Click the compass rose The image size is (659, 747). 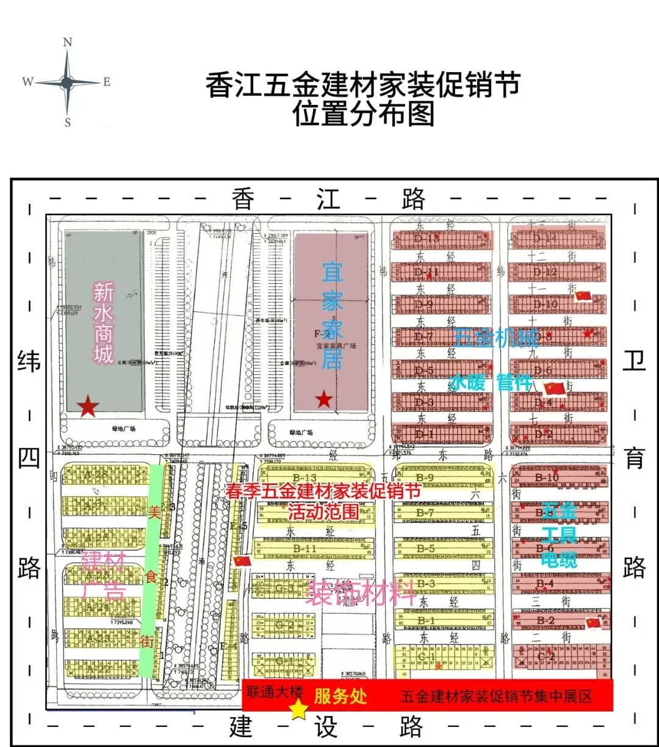tap(67, 82)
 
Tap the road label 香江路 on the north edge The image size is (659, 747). tap(328, 198)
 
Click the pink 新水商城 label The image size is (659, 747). tap(103, 322)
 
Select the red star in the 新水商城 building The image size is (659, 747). tap(88, 406)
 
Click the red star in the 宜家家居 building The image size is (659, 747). tap(324, 400)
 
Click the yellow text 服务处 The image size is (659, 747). tap(340, 696)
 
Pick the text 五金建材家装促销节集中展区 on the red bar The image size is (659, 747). tap(497, 697)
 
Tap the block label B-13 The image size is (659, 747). tap(304, 478)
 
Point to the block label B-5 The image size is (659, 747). tap(425, 548)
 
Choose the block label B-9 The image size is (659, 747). tap(425, 477)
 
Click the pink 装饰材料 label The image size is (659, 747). tap(360, 592)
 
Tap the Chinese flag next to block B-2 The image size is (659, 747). tap(593, 622)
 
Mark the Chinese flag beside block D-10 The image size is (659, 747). tap(583, 296)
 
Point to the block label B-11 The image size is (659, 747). tap(304, 548)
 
